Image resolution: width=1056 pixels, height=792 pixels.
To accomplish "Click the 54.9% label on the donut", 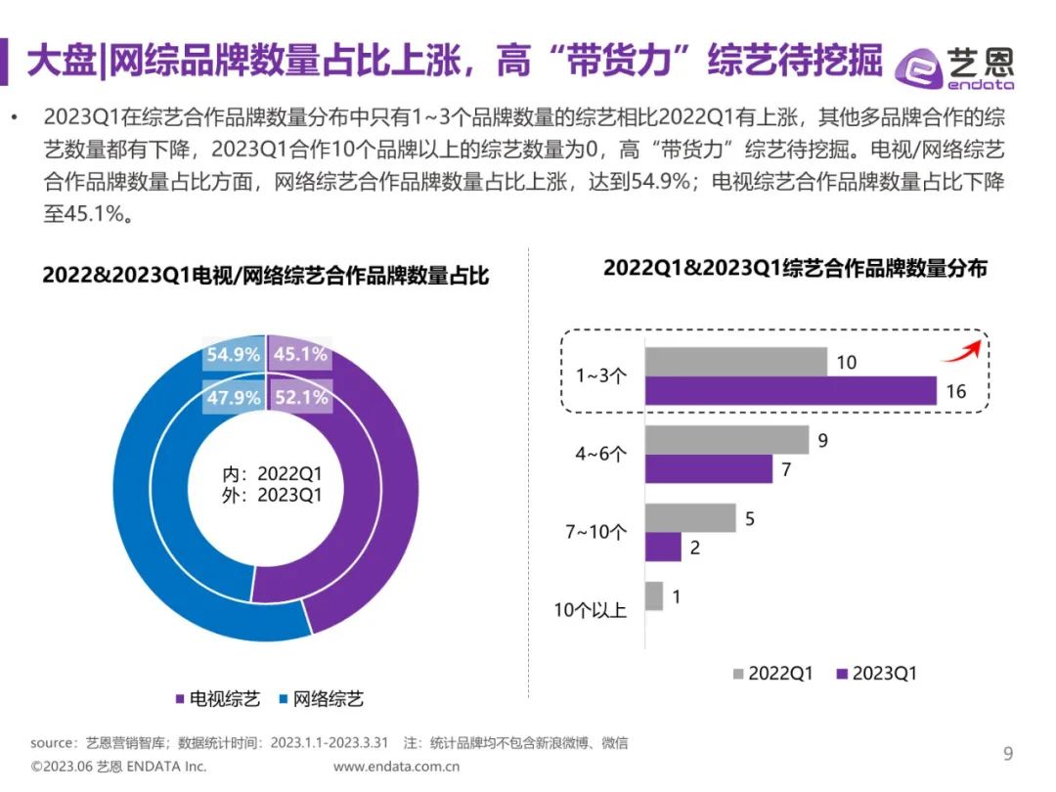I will pos(234,355).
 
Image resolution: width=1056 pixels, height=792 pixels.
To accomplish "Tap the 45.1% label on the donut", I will pos(300,355).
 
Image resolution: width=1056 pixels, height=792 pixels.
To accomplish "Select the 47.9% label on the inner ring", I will pos(234,398).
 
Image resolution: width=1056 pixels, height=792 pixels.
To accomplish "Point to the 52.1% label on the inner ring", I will pos(300,398).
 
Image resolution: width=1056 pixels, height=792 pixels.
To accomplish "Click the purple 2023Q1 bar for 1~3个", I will pos(790,391).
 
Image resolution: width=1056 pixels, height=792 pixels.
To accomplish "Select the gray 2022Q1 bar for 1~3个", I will pos(735,363).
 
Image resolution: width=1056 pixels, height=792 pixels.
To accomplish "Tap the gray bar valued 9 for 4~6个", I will pos(726,440).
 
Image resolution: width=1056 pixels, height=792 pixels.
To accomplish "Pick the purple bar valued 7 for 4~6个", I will pos(708,469).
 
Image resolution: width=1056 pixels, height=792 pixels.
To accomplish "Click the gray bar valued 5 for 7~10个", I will pos(689,518).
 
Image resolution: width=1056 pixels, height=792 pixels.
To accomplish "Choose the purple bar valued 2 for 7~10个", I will pos(663,548).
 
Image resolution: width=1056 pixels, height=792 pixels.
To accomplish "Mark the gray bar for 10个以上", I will pos(653,596).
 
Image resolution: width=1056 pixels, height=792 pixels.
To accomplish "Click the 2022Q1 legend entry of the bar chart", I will pos(771,674).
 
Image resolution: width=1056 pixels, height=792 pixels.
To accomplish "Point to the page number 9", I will pos(1008,753).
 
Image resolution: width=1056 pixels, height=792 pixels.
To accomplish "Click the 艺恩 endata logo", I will pos(955,66).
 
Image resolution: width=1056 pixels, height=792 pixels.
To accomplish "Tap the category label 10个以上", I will pos(591,610).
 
